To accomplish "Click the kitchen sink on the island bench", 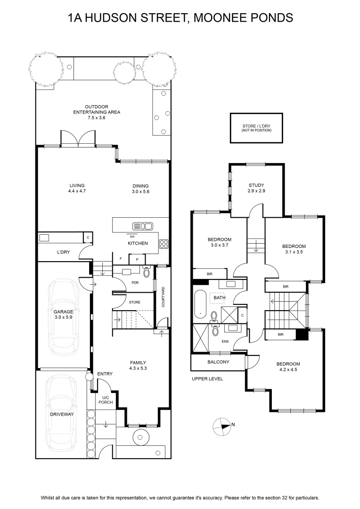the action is pyautogui.click(x=142, y=226).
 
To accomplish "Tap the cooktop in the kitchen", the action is pyautogui.click(x=164, y=244).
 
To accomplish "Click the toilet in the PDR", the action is pyautogui.click(x=147, y=271).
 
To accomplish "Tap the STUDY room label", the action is pyautogui.click(x=256, y=185).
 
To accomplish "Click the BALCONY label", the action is pyautogui.click(x=218, y=361).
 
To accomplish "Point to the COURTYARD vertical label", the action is pyautogui.click(x=163, y=297).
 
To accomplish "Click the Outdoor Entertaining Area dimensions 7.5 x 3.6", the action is pyautogui.click(x=97, y=117).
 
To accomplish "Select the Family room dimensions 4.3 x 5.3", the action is pyautogui.click(x=138, y=368).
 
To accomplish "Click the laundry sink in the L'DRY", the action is pyautogui.click(x=44, y=238).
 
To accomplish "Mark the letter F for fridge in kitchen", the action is pyautogui.click(x=121, y=259).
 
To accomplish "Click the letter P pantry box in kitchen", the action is pyautogui.click(x=137, y=259).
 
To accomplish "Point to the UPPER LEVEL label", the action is pyautogui.click(x=207, y=378).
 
